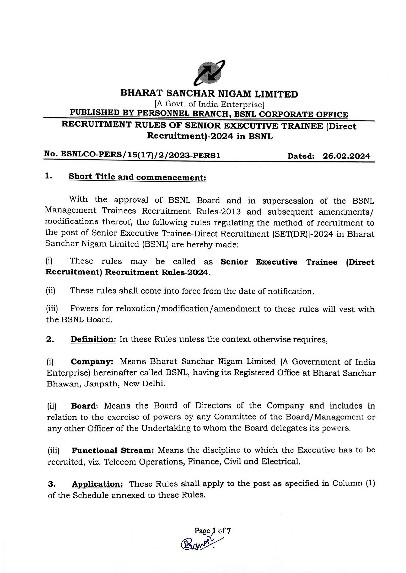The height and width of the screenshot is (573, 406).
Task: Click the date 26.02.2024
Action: pyautogui.click(x=346, y=156)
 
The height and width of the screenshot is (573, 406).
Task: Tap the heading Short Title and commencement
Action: pyautogui.click(x=137, y=177)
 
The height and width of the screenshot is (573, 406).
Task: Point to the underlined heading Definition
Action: pyautogui.click(x=94, y=339)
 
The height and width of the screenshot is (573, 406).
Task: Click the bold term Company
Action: pyautogui.click(x=92, y=362)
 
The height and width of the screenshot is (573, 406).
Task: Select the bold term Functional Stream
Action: pyautogui.click(x=113, y=450)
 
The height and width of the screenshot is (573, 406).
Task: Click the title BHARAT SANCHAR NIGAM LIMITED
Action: pyautogui.click(x=209, y=94)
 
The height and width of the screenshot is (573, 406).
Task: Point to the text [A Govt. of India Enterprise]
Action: pyautogui.click(x=209, y=105)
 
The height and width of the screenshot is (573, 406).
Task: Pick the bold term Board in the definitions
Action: pyautogui.click(x=85, y=406)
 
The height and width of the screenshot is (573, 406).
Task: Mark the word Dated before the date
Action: pyautogui.click(x=301, y=156)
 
